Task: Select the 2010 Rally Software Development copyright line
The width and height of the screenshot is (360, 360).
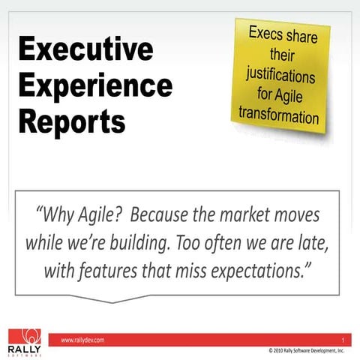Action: [x=300, y=350]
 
